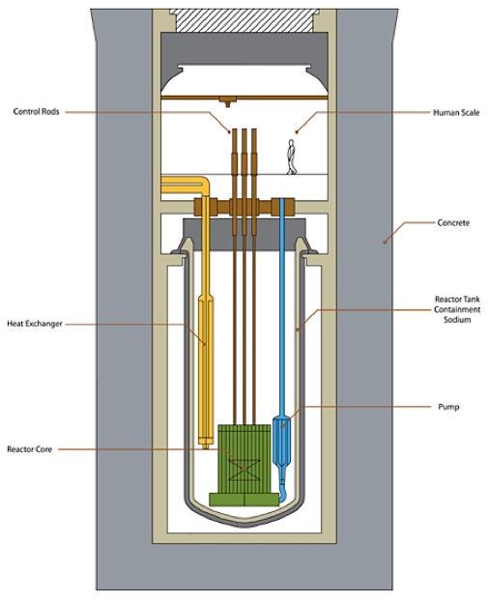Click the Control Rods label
coord(36,111)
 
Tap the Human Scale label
coord(456,113)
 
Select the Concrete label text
coord(453,222)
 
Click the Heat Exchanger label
coord(35,324)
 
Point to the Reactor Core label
coord(30,449)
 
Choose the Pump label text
coord(448,407)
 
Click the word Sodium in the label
coord(457,320)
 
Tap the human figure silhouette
coord(292,157)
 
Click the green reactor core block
coord(244,458)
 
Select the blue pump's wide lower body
coord(282,441)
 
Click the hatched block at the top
coord(244,20)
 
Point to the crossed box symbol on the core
coord(244,471)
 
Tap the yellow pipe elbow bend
coord(204,183)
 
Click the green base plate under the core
coord(244,500)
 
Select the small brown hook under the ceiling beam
coord(228,101)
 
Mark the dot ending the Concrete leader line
coord(385,243)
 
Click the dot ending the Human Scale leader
coord(297,132)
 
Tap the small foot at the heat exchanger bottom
coord(206,446)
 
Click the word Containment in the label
coord(457,309)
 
